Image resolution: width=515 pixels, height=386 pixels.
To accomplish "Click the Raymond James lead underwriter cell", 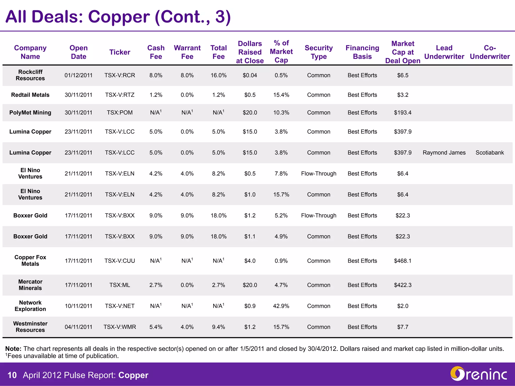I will click(x=444, y=153).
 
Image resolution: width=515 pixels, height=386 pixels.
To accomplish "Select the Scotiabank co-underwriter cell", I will click(x=490, y=153).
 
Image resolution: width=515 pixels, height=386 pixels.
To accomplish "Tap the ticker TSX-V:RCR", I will click(x=120, y=75).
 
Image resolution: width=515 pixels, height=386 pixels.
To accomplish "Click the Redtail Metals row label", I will click(x=30, y=95).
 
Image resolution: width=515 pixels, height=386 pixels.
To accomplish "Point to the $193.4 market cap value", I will click(x=403, y=113).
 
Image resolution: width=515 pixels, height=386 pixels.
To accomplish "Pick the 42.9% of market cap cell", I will click(x=281, y=306).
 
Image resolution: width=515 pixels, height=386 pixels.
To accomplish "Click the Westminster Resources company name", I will click(x=30, y=327).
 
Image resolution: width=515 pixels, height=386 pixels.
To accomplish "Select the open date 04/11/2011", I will click(x=78, y=327).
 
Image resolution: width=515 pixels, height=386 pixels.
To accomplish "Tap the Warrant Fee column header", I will click(x=187, y=52).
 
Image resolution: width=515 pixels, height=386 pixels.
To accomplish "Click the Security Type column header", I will click(x=319, y=52).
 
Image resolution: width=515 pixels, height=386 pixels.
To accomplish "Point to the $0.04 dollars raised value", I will click(x=250, y=75).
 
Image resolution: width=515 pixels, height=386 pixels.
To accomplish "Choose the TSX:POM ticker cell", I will click(x=120, y=113).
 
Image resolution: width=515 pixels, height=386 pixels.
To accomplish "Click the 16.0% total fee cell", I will click(x=219, y=75).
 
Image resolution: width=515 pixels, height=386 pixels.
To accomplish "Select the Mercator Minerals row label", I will click(x=30, y=285).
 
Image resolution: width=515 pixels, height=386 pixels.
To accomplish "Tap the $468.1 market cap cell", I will click(x=403, y=261).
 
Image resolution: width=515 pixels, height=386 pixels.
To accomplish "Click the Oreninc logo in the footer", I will click(x=478, y=374).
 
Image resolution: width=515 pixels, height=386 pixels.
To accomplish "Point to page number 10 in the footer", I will click(x=12, y=375).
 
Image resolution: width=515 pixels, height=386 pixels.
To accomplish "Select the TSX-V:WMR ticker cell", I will click(x=120, y=327).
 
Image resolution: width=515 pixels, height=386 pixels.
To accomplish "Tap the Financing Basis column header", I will click(x=362, y=52).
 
